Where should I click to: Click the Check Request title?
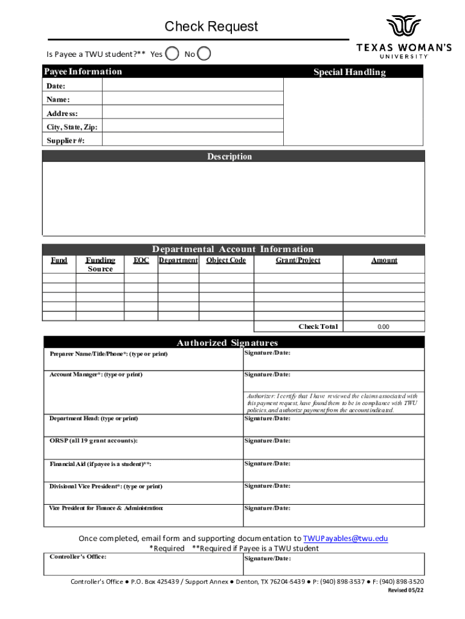[211, 27]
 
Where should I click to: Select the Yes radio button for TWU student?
[173, 54]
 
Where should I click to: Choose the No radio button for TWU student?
[205, 54]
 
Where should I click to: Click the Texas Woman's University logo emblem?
[403, 27]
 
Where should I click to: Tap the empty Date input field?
[193, 85]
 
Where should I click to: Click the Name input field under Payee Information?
[193, 99]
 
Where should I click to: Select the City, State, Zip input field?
[193, 127]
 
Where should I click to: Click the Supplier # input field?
[193, 140]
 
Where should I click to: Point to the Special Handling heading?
[349, 72]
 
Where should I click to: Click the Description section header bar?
[233, 157]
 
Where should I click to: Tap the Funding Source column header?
[100, 265]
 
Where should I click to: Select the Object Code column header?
[226, 261]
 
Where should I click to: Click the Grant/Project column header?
[298, 261]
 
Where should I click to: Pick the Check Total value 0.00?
[383, 326]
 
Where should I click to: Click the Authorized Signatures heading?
[227, 343]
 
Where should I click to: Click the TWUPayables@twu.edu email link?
[345, 539]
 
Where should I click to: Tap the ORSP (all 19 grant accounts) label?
[94, 441]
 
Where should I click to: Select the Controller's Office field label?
[78, 556]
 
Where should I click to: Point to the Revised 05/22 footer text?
[405, 591]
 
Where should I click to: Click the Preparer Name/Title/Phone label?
[109, 354]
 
